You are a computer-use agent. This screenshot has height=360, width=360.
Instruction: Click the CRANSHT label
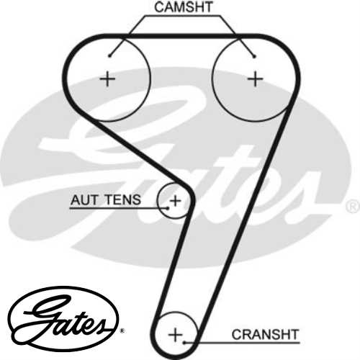[x=264, y=334]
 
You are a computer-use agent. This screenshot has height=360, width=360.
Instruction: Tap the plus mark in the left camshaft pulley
[x=107, y=78]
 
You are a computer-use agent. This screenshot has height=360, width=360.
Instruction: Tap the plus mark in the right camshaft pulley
[x=255, y=78]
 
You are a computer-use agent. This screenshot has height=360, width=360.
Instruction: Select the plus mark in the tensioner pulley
[x=175, y=199]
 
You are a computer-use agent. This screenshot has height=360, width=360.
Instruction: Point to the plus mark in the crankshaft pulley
[x=176, y=334]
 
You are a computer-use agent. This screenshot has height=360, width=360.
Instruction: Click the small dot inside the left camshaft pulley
[x=110, y=55]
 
